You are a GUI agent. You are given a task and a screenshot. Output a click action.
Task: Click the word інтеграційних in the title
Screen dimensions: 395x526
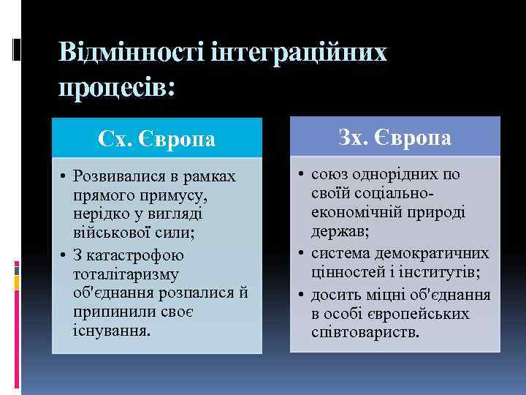(298, 53)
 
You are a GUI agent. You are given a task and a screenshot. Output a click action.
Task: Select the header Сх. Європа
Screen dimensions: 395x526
(157, 138)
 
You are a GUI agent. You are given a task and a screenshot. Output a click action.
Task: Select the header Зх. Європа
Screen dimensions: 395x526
(394, 137)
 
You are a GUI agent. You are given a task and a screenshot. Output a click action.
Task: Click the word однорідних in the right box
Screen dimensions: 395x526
(394, 176)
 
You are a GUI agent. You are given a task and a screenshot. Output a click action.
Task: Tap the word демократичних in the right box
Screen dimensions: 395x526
(437, 253)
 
